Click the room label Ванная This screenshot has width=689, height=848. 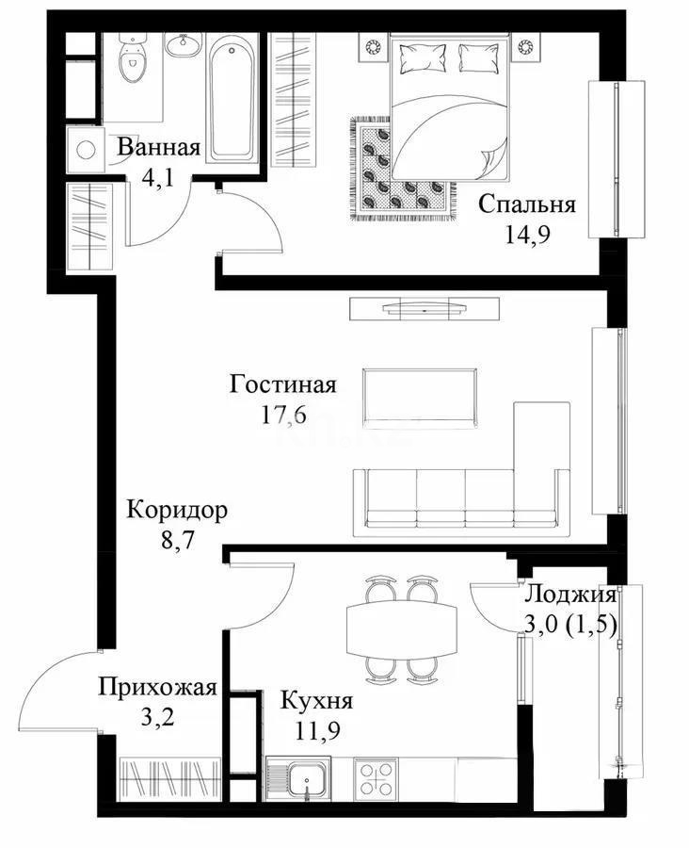[158, 148]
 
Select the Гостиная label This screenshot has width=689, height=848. [283, 384]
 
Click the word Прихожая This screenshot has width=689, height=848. [158, 687]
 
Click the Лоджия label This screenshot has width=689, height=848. [569, 595]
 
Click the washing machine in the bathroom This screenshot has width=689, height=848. [88, 151]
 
